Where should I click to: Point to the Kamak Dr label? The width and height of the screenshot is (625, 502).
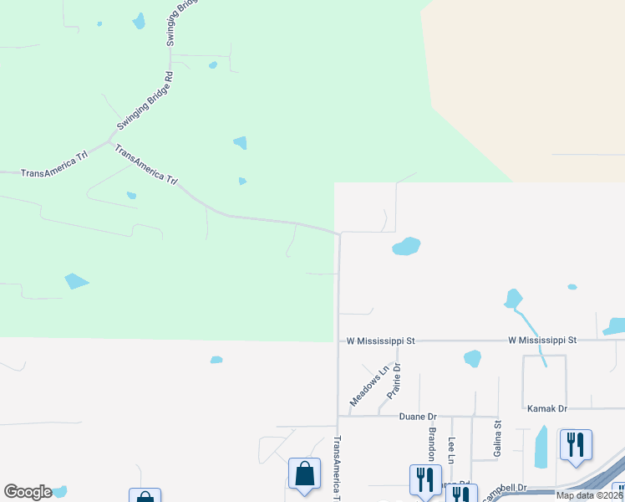pos(547,408)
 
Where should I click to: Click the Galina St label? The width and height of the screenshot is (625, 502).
pos(497,439)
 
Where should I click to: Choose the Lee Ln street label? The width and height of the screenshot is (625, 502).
pos(452,450)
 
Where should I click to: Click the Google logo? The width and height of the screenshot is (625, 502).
pos(28,492)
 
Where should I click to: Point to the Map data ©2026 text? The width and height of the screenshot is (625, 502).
pos(589,495)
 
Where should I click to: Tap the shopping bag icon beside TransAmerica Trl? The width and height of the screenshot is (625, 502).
pos(305,473)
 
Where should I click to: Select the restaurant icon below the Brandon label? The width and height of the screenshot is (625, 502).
pos(425,479)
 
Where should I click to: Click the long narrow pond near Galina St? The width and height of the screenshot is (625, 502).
pos(541,448)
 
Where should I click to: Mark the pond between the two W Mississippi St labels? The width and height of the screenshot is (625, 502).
pos(472,358)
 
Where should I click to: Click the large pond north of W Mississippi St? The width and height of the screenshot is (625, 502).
pos(406,246)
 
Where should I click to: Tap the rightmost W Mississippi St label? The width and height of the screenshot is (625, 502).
pos(543,341)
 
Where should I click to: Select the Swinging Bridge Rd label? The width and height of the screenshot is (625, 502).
pos(145,100)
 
